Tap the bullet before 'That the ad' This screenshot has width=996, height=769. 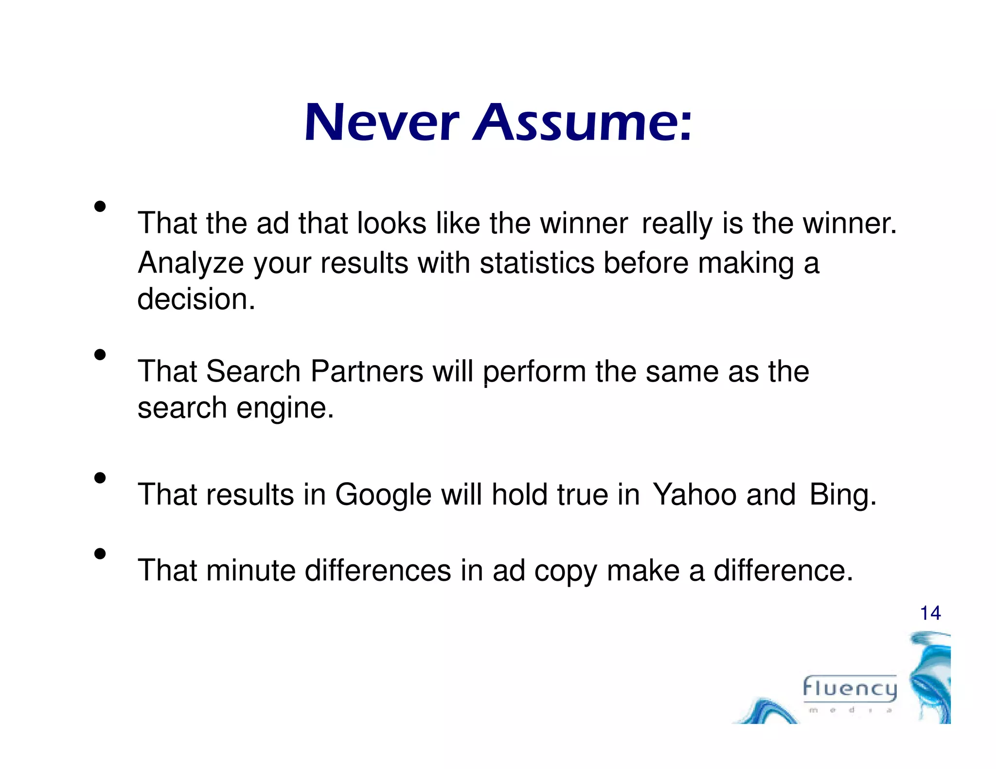click(100, 207)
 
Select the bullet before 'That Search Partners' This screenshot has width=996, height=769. click(100, 354)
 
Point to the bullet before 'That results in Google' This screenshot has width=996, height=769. click(100, 478)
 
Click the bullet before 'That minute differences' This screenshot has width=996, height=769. click(100, 554)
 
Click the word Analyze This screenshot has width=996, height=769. click(191, 264)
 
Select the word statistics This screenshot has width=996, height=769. click(536, 263)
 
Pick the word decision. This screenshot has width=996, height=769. click(196, 299)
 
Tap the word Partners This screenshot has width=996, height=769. click(367, 371)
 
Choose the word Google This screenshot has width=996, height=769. click(383, 496)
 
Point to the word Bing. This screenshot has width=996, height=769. click(843, 496)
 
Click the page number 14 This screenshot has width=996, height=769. click(930, 613)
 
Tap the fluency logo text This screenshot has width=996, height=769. click(850, 689)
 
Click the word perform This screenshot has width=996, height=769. click(534, 372)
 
